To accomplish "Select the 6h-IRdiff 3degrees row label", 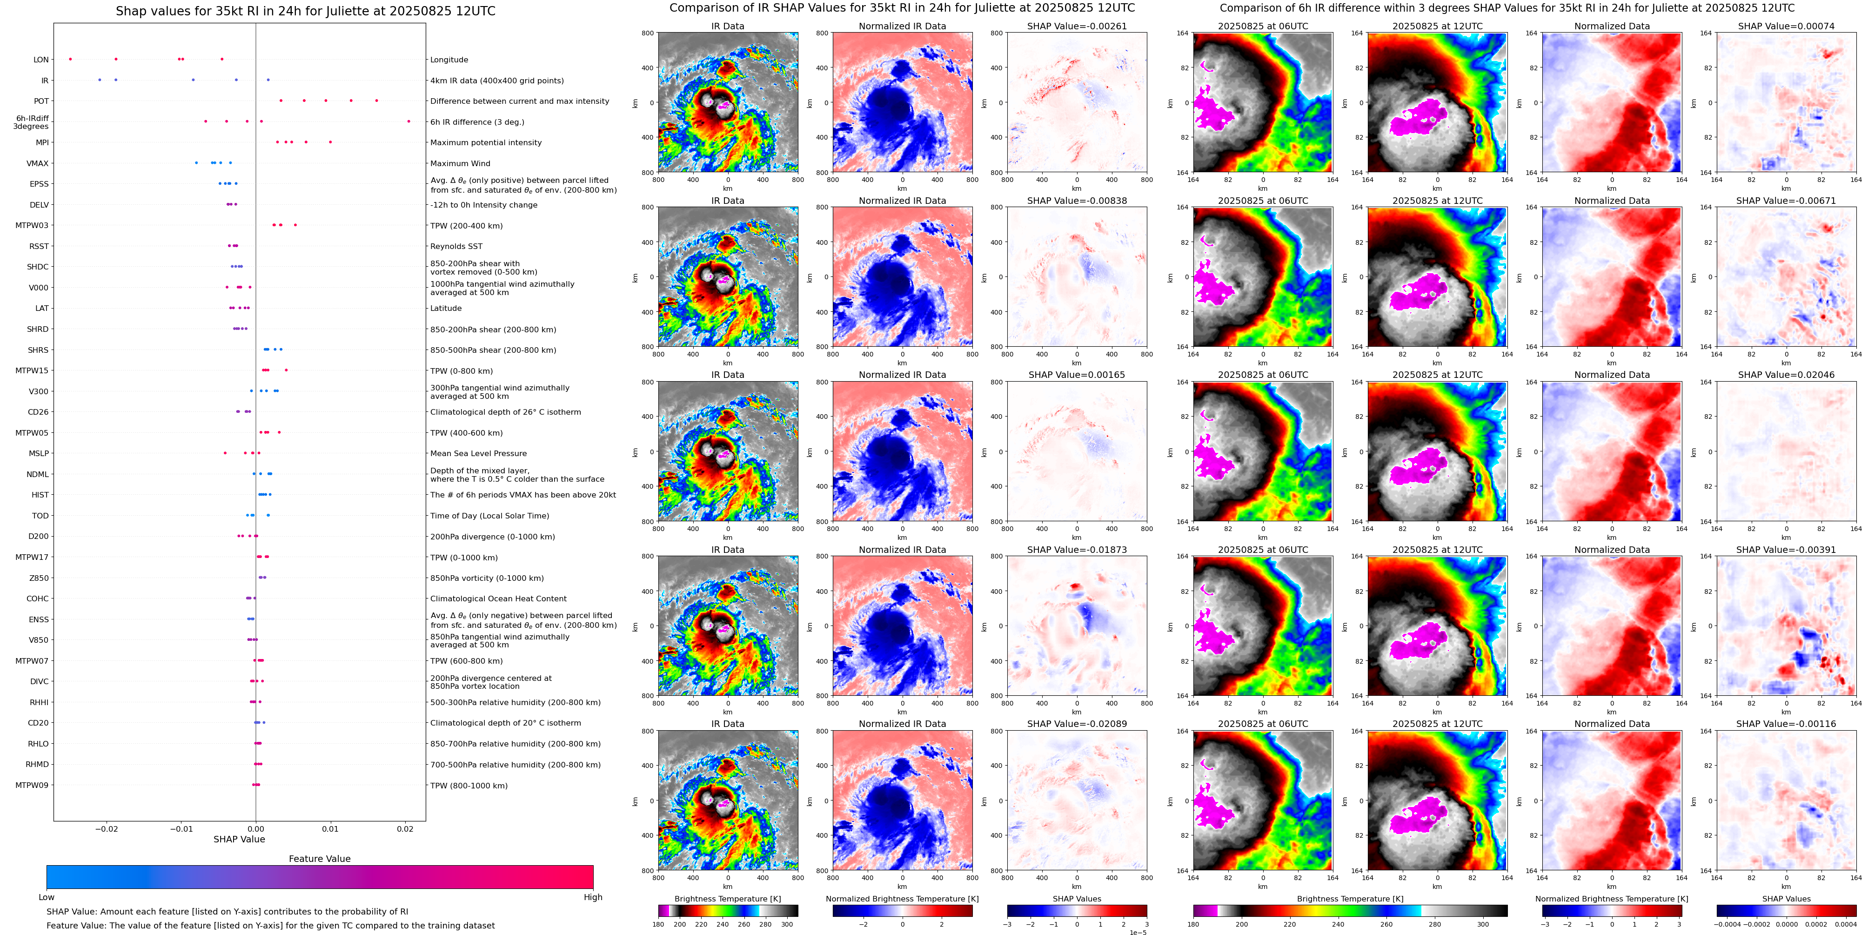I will pyautogui.click(x=32, y=122).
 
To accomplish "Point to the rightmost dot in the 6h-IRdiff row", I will pyautogui.click(x=408, y=121).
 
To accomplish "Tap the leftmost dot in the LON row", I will pyautogui.click(x=70, y=59).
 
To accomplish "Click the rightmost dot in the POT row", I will pyautogui.click(x=376, y=100).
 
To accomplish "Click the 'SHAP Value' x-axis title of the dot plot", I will pyautogui.click(x=239, y=839).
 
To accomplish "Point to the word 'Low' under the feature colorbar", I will pyautogui.click(x=47, y=897).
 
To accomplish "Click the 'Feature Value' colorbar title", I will pyautogui.click(x=319, y=859).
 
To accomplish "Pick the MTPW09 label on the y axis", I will pyautogui.click(x=32, y=785).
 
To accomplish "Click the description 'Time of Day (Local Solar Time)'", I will pyautogui.click(x=489, y=516).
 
